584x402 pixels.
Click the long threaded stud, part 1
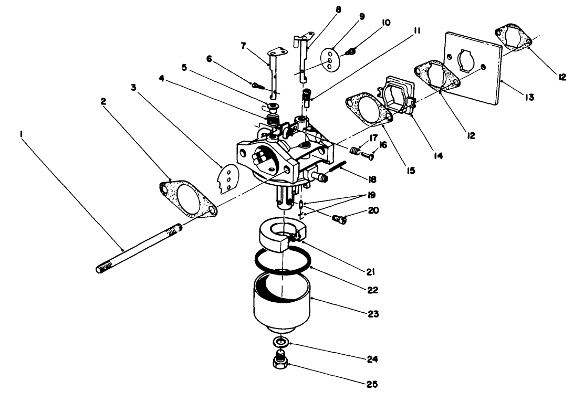point(139,249)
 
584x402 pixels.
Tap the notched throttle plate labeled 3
point(226,178)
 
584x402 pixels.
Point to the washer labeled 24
point(282,342)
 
